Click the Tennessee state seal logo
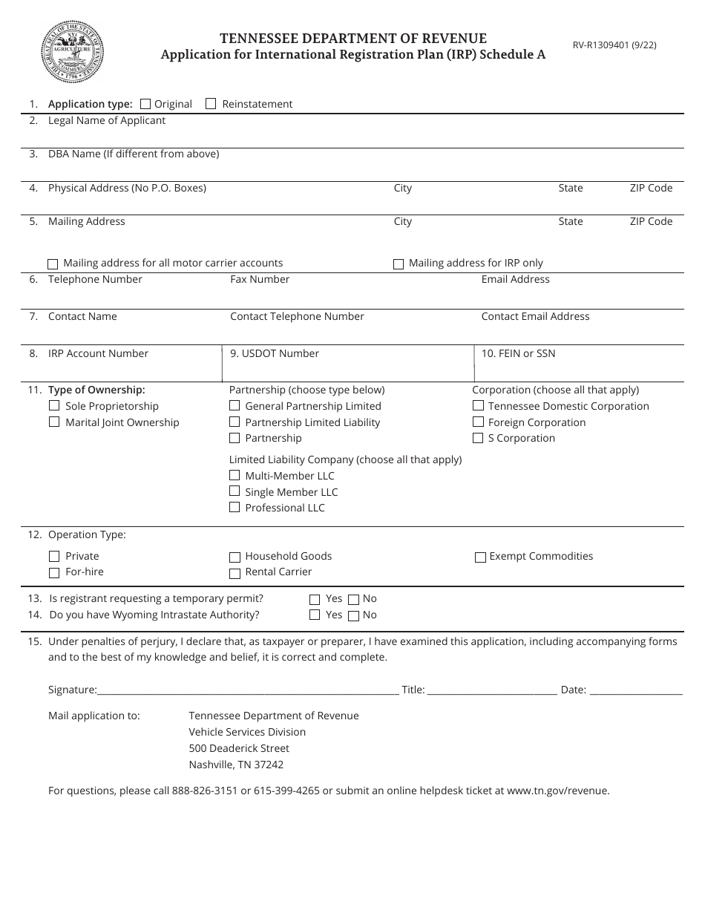click(72, 52)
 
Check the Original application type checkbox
click(145, 104)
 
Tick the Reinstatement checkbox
click(211, 104)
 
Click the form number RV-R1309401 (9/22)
click(614, 45)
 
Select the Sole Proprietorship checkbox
click(54, 406)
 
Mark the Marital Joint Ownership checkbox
click(54, 422)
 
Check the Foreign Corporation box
click(478, 422)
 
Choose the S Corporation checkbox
click(478, 438)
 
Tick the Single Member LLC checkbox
click(235, 491)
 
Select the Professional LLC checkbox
click(235, 508)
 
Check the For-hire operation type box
click(54, 572)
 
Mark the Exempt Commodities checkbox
click(480, 557)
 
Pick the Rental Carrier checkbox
click(235, 573)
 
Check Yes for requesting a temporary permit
click(315, 599)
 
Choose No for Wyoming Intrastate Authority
click(354, 615)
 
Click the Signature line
click(248, 690)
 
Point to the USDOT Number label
click(275, 353)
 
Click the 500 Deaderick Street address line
click(239, 748)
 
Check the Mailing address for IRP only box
click(399, 264)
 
